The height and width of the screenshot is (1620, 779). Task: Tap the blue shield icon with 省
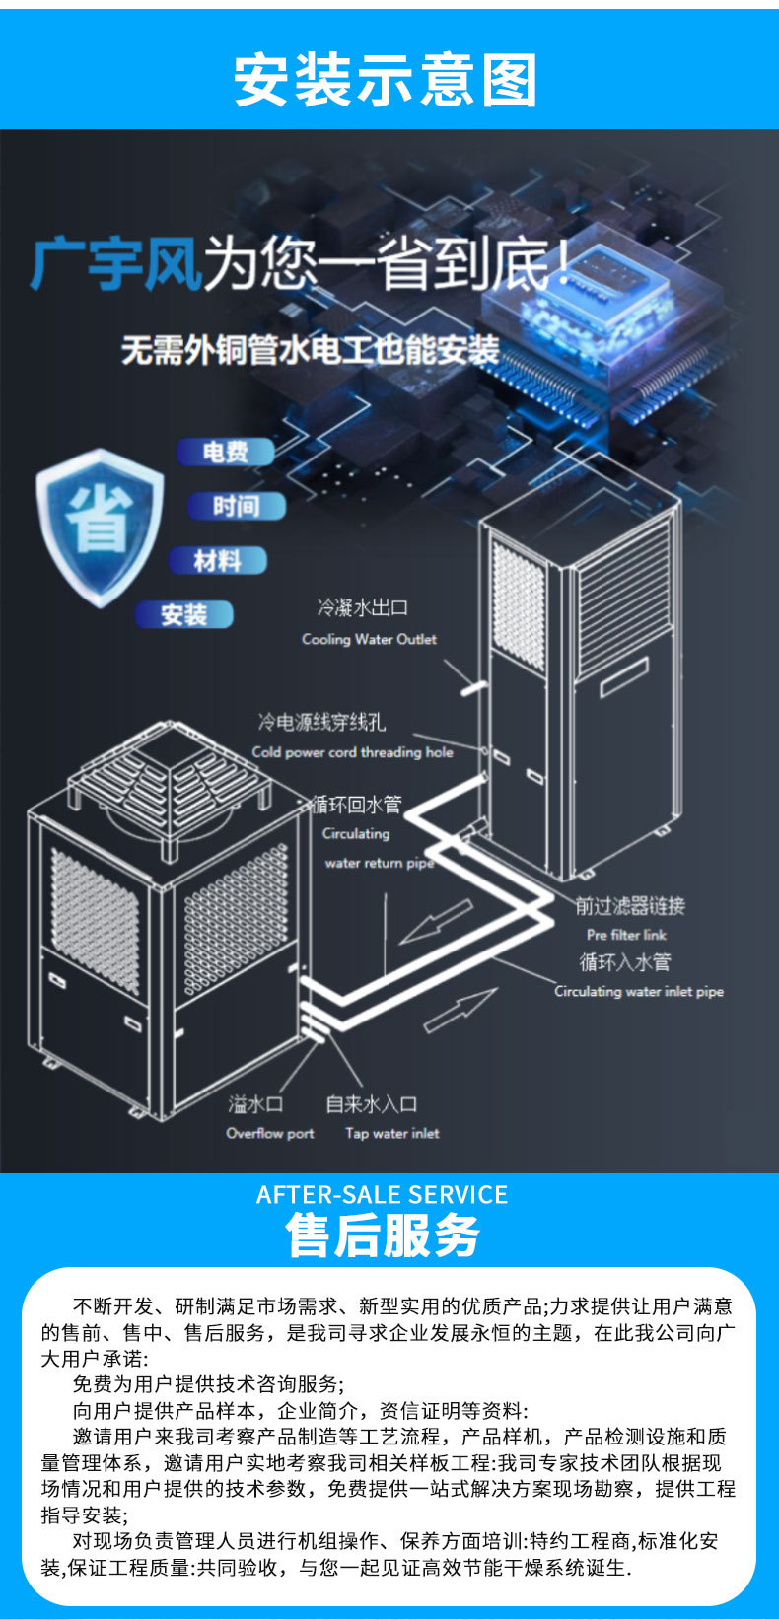coord(100,527)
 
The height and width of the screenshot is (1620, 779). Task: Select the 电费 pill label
coord(226,453)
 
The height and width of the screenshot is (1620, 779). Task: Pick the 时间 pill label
coord(236,507)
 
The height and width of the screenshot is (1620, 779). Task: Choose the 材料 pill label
coord(218,561)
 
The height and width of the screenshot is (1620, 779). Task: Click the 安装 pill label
coord(184,615)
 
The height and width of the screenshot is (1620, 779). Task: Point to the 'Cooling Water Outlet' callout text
coord(369,639)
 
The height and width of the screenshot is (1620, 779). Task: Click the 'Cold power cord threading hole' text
coord(352,752)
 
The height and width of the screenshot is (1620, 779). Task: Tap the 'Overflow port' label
coord(269,1133)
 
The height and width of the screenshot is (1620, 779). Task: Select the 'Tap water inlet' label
coord(391,1133)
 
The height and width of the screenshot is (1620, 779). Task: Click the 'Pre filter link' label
coord(626,935)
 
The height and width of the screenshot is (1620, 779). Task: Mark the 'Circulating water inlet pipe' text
coord(639,991)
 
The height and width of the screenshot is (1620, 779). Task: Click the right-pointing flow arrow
coord(460,1010)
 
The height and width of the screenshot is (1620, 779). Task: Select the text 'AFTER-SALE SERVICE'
coord(382,1195)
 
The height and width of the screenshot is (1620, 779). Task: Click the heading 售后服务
coord(383,1235)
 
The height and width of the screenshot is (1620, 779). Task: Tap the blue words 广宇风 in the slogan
coord(116,264)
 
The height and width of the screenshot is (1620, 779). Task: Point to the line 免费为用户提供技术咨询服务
coord(208,1383)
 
